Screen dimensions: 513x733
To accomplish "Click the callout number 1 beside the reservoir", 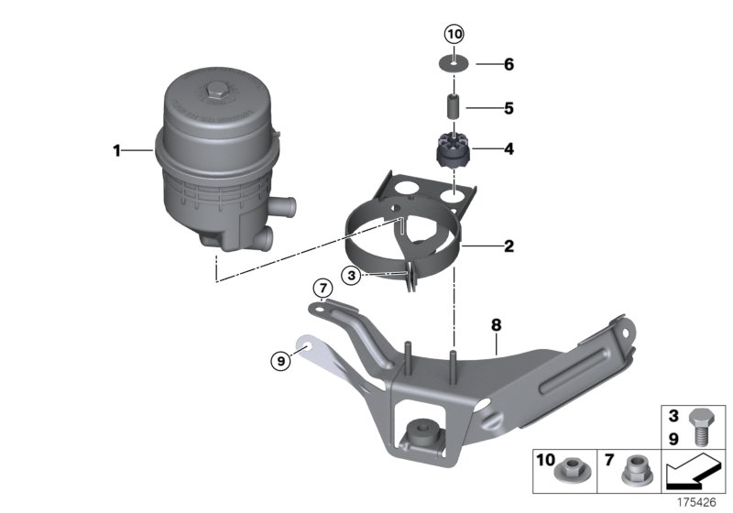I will pyautogui.click(x=117, y=150).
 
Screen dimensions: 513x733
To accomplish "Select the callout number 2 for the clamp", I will pyautogui.click(x=507, y=246).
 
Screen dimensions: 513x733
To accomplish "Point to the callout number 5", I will pyautogui.click(x=508, y=106).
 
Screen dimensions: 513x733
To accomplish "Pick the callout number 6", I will pyautogui.click(x=508, y=65).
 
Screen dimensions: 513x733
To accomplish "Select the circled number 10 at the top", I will pyautogui.click(x=454, y=35).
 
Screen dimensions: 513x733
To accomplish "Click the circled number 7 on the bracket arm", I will pyautogui.click(x=322, y=289).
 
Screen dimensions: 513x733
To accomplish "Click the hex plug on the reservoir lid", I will pyautogui.click(x=216, y=90).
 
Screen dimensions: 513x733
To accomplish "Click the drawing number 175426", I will pyautogui.click(x=699, y=502).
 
